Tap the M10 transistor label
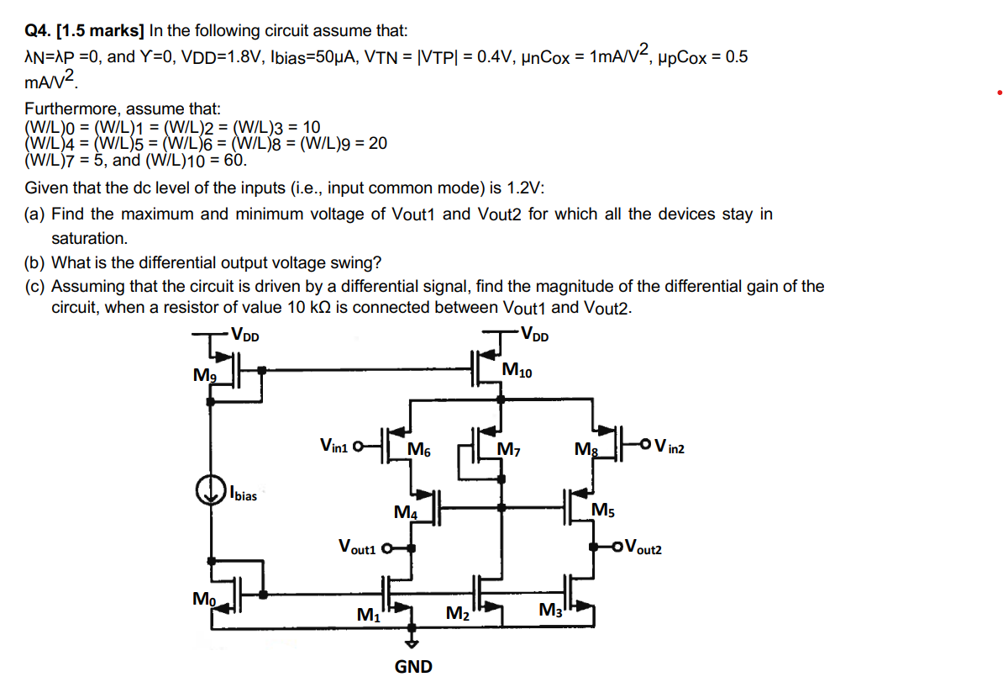(516, 370)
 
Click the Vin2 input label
(669, 447)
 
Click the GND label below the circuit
(413, 667)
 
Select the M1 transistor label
(368, 616)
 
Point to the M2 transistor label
(457, 615)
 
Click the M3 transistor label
(550, 610)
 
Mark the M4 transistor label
(405, 512)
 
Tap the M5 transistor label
(602, 510)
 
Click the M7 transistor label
(509, 449)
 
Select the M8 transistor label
(585, 451)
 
